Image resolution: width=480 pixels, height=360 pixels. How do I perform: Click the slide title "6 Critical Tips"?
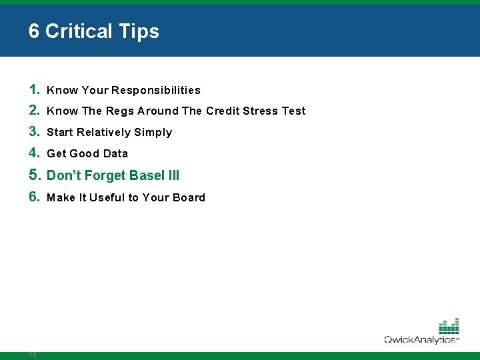coord(94,31)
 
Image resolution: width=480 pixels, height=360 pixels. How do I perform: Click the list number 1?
coord(35,89)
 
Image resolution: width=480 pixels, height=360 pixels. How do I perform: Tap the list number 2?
coord(35,111)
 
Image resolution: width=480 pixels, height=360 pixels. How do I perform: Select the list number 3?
coord(35,132)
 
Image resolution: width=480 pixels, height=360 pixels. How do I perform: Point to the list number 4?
coord(35,153)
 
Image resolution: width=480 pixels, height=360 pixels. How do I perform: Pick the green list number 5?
coord(35,175)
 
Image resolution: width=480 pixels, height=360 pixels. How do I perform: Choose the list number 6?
coord(35,197)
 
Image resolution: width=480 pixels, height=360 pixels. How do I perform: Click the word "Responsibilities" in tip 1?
coord(156,90)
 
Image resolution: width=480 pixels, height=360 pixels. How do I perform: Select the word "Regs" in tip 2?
coord(120,111)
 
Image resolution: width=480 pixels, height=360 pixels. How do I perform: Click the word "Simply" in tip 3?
coord(153,133)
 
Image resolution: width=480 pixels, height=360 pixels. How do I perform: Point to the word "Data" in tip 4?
coord(115,154)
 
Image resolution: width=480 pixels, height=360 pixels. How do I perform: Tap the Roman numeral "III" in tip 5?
coord(174,176)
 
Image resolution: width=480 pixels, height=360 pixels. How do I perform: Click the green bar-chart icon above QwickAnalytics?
coord(449,326)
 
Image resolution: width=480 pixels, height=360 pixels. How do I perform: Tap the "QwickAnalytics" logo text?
coord(420,340)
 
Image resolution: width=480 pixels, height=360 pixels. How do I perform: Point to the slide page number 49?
coord(32,355)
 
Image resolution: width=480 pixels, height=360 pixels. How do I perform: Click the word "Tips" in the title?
coord(138,31)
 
